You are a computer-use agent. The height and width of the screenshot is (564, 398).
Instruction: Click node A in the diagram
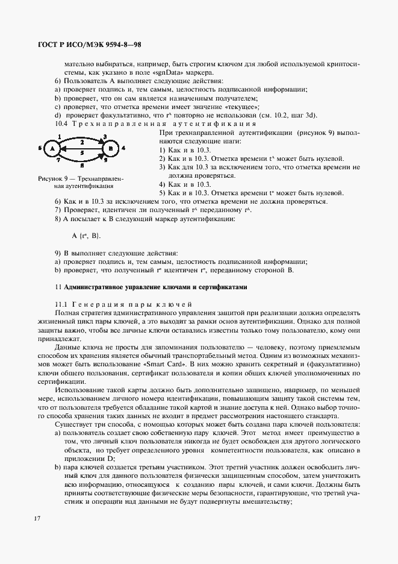tap(52, 148)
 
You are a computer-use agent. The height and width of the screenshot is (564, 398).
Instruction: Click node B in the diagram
tap(109, 148)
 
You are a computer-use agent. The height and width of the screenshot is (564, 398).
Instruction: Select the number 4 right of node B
tap(123, 148)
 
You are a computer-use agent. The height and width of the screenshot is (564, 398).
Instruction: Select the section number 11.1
tap(63, 304)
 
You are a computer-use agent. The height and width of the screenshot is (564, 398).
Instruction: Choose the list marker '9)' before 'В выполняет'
tap(58, 254)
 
